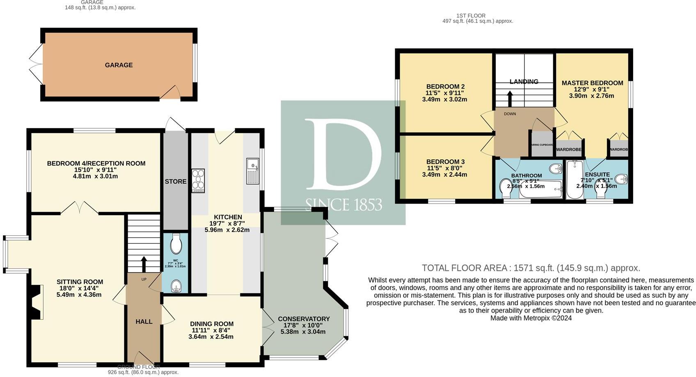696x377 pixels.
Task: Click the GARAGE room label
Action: click(x=119, y=65)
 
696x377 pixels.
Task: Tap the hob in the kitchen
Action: click(x=198, y=181)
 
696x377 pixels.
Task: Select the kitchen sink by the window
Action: click(x=252, y=171)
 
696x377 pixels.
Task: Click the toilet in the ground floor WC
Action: click(x=176, y=244)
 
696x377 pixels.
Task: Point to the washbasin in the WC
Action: click(x=176, y=286)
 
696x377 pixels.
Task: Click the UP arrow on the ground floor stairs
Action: click(x=144, y=265)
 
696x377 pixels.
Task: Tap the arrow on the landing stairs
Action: click(x=510, y=98)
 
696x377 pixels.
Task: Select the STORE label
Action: click(x=175, y=182)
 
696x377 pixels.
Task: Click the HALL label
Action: click(x=144, y=322)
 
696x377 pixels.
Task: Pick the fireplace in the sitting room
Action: click(x=37, y=302)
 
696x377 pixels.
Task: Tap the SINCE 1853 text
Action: click(x=343, y=204)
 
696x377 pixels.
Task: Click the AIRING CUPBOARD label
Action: click(x=543, y=145)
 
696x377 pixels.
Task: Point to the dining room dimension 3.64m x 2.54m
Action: click(x=211, y=337)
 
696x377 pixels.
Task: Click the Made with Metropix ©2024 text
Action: click(x=531, y=318)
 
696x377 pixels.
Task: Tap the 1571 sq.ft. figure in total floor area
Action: click(x=534, y=268)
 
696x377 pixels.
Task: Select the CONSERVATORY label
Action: click(x=304, y=319)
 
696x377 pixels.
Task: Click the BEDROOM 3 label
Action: click(x=445, y=161)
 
